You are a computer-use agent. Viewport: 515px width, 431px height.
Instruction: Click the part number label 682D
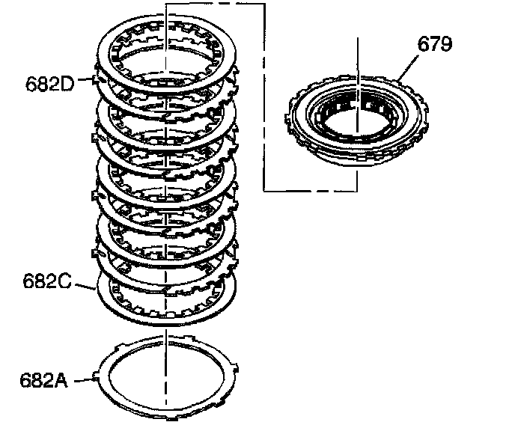pos(49,83)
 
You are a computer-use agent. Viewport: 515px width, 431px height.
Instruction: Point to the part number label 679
pos(435,46)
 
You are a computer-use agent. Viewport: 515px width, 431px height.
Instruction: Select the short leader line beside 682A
pos(86,379)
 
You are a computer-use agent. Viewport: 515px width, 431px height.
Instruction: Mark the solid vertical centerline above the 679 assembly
pos(358,60)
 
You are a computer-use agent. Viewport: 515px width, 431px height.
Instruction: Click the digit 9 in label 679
pos(446,46)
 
